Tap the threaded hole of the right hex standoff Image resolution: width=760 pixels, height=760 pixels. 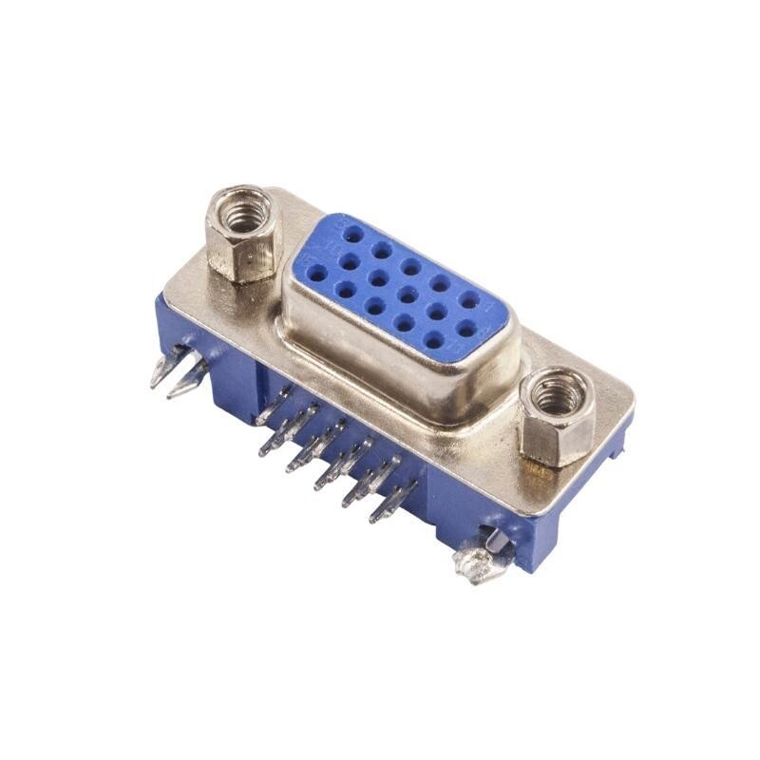tap(557, 392)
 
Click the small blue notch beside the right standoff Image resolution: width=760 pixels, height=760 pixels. tap(618, 446)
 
